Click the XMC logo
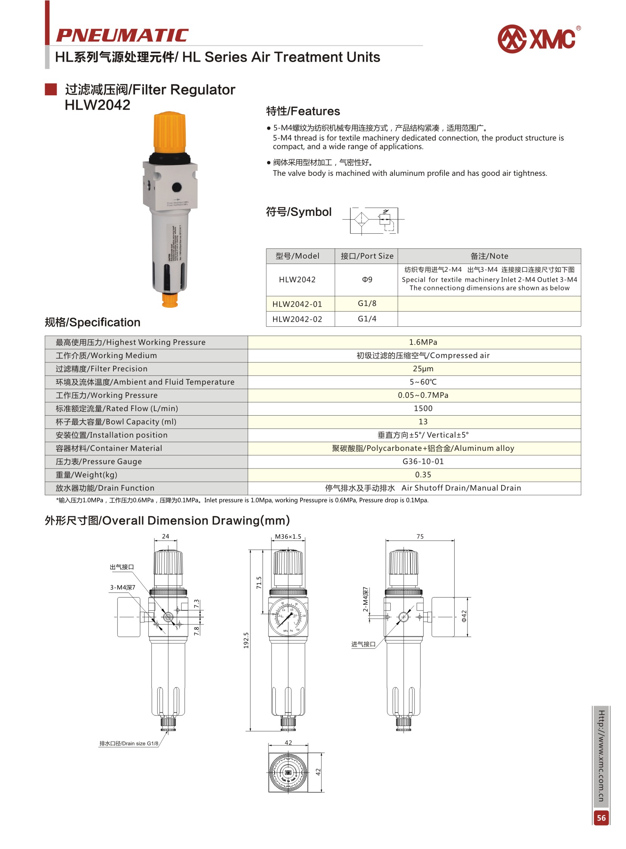click(538, 39)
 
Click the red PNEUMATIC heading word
click(122, 36)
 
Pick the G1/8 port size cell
click(367, 303)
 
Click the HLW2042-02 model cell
click(297, 319)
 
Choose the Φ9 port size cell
click(367, 279)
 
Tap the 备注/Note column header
click(489, 256)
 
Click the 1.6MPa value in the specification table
click(423, 342)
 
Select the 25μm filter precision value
click(423, 369)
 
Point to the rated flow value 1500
click(423, 408)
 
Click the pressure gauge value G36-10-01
click(423, 461)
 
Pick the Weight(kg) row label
click(86, 475)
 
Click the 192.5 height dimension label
click(246, 640)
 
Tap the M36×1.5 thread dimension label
click(288, 537)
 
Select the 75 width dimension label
click(420, 537)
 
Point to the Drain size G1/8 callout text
click(129, 743)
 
